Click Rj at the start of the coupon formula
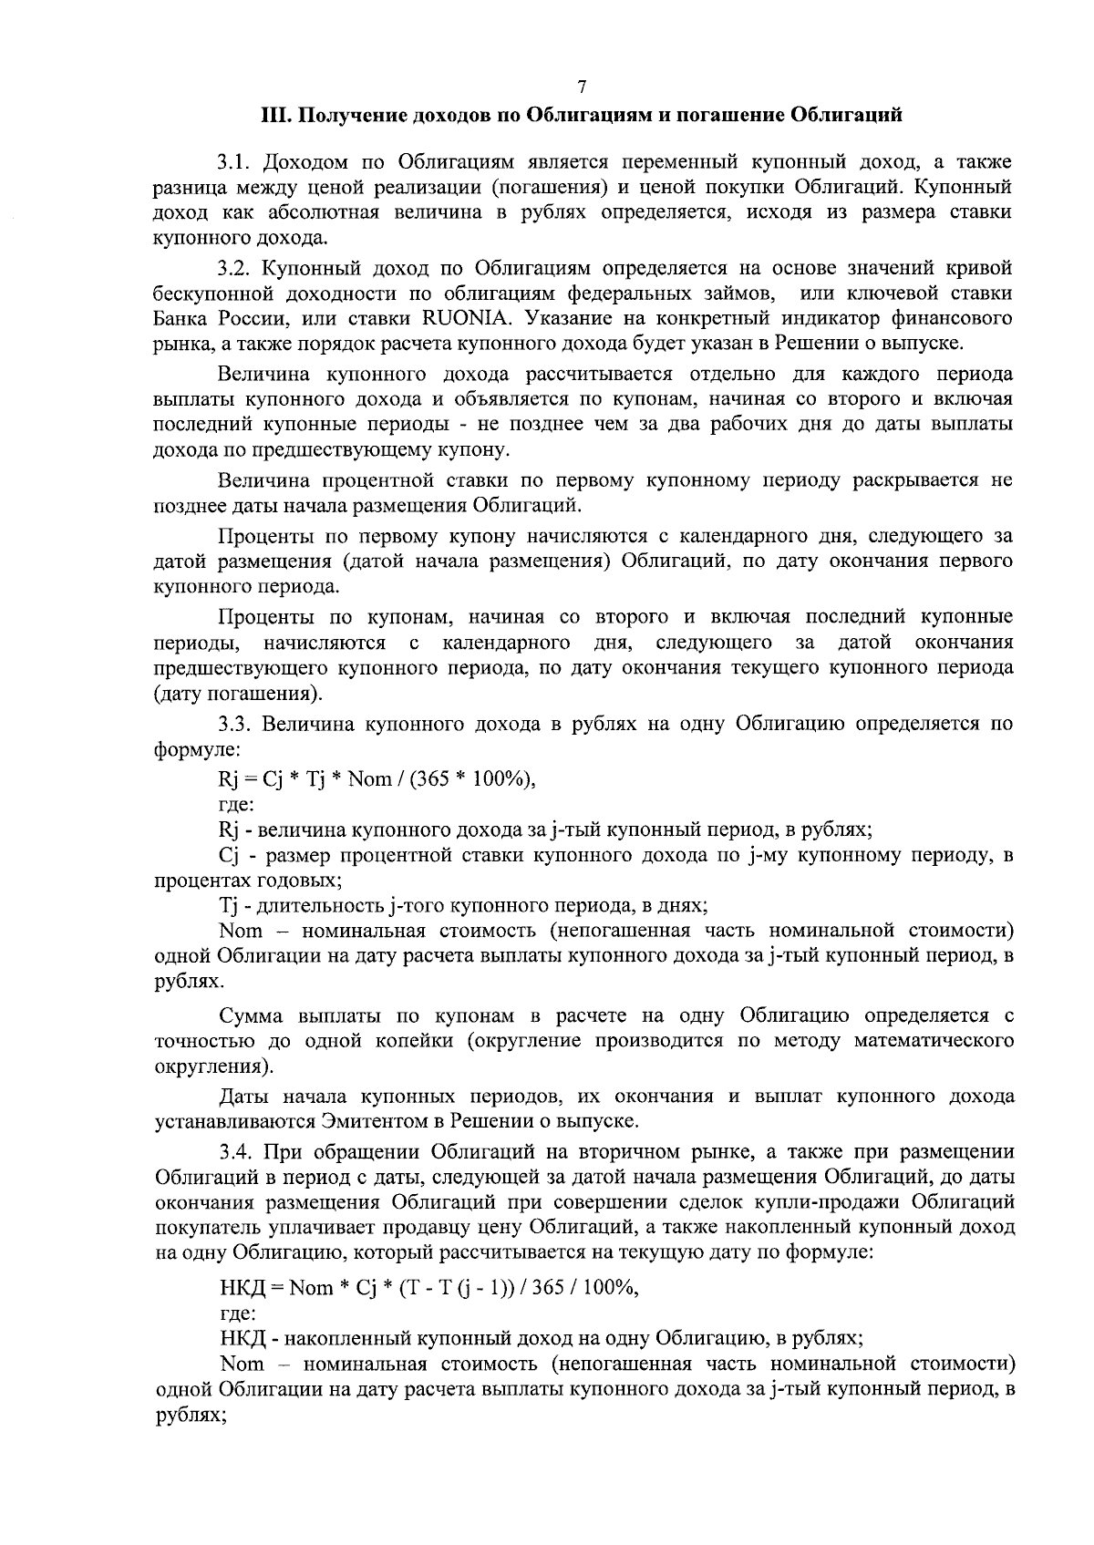[x=228, y=778]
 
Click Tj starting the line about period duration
[x=227, y=906]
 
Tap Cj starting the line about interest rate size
[x=228, y=856]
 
